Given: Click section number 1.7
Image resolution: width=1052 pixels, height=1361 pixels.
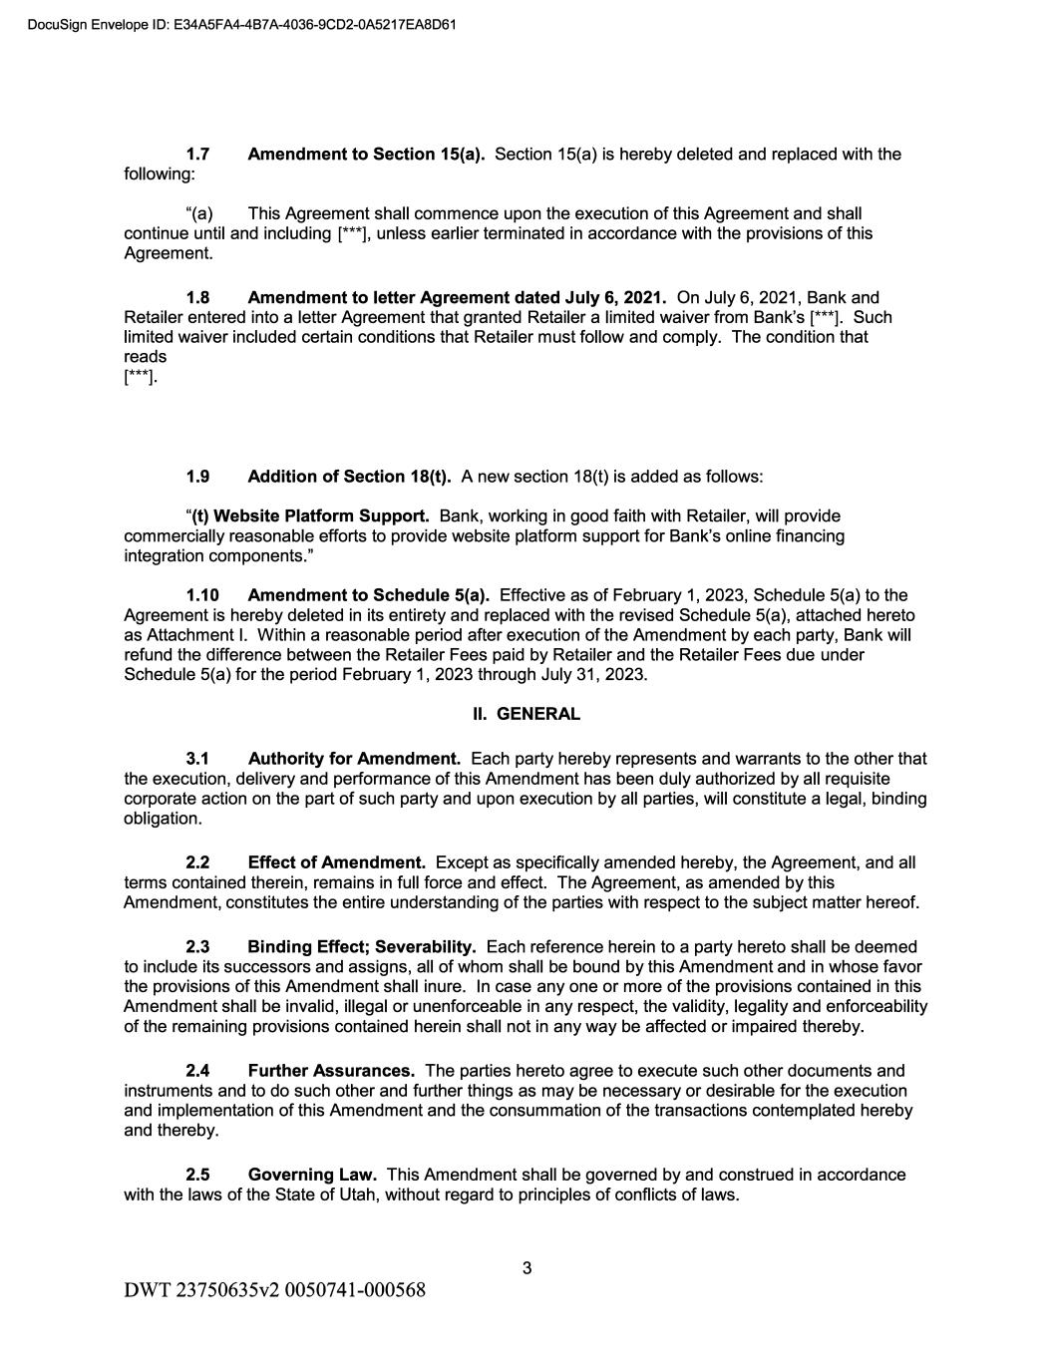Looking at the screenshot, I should point(197,155).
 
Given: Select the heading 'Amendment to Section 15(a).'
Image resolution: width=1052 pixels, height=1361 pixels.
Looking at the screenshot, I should point(366,155).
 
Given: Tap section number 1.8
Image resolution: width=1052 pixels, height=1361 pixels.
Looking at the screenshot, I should point(197,298).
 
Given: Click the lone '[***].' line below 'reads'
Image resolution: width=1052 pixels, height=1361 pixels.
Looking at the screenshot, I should point(141,377).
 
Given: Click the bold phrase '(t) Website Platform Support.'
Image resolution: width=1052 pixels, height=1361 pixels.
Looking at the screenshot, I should point(310,516).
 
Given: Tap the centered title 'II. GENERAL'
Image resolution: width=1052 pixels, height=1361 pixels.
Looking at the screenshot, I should point(526,714).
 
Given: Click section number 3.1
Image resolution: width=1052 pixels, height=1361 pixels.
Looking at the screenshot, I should point(197,759).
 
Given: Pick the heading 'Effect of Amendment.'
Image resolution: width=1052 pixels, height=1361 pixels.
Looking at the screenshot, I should point(337,862).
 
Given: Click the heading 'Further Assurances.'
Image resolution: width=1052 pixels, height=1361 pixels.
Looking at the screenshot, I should point(331,1071).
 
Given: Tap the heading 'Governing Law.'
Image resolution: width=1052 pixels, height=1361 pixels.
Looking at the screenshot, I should point(312,1175).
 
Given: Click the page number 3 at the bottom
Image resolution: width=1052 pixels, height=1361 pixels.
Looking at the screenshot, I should point(526,1268).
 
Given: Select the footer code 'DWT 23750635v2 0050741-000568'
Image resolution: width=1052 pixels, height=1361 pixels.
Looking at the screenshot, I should point(274,1290).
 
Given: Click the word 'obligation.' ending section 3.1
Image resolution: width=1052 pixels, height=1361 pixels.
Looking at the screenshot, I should point(163,819).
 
